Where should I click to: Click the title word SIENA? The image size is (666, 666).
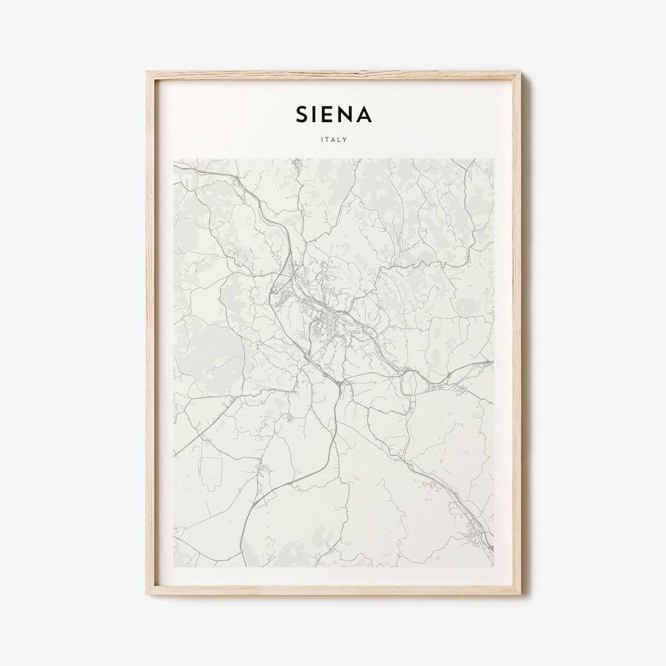click(334, 114)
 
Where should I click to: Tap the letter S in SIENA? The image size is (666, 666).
click(302, 114)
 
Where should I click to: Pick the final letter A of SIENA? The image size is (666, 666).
click(364, 114)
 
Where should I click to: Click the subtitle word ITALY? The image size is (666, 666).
click(334, 139)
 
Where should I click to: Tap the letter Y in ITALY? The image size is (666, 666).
click(345, 139)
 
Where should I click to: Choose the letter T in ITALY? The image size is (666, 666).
click(327, 139)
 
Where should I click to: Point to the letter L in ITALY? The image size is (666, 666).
click(340, 139)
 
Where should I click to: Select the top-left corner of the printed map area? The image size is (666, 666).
click(174, 159)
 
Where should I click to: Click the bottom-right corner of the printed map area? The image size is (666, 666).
click(493, 566)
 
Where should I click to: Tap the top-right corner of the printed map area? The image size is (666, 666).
click(493, 159)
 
